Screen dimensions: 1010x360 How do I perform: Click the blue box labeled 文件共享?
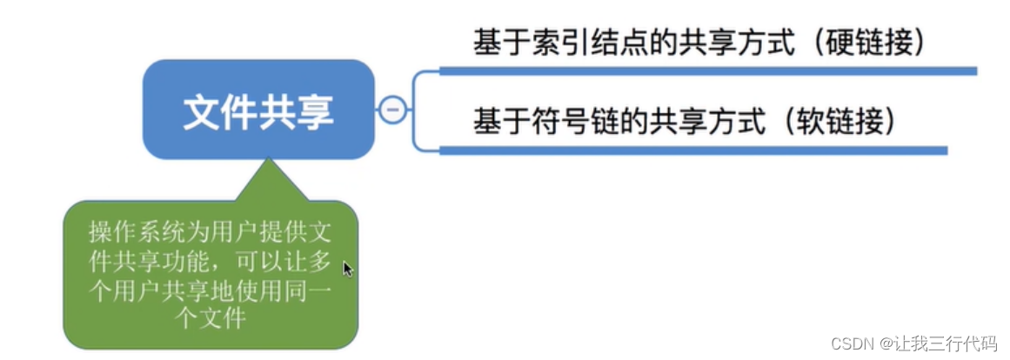click(x=258, y=110)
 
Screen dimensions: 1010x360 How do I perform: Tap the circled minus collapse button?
click(x=393, y=110)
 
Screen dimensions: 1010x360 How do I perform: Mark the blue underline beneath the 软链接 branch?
click(x=692, y=150)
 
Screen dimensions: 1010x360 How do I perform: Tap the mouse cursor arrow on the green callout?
click(x=347, y=269)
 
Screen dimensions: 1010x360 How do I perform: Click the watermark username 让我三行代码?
click(x=953, y=344)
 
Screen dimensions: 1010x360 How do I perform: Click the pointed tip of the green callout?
click(x=269, y=162)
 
